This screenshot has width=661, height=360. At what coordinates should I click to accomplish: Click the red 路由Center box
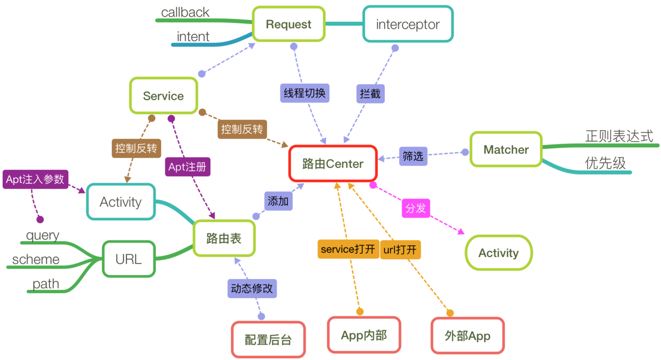tap(333, 163)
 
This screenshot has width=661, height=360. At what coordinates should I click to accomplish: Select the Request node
tap(288, 24)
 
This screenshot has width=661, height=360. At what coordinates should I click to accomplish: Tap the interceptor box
tap(408, 24)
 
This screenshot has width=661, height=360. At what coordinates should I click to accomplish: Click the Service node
tap(163, 96)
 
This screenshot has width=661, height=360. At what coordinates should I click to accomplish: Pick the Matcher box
tap(506, 149)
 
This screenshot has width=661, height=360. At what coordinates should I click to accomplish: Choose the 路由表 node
tap(224, 238)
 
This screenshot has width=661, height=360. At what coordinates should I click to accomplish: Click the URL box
tap(128, 259)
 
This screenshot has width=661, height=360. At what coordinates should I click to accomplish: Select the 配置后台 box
tap(268, 339)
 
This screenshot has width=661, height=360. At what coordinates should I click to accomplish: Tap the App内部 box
tap(364, 335)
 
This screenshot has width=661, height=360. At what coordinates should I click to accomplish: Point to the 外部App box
tap(467, 336)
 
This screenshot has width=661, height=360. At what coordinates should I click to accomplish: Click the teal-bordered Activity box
tap(120, 202)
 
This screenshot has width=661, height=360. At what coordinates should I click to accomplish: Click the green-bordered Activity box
tap(498, 253)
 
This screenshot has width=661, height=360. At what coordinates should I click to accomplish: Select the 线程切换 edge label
tap(305, 93)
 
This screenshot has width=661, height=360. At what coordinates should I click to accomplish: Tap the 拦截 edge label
tap(370, 94)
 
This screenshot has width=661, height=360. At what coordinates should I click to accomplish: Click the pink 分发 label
tap(416, 208)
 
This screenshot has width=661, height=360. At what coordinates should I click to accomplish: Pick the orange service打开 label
tap(348, 249)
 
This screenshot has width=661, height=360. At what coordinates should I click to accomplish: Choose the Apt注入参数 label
tap(35, 179)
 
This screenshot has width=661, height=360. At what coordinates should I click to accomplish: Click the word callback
tap(185, 12)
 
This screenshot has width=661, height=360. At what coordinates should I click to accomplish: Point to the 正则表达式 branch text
tap(619, 136)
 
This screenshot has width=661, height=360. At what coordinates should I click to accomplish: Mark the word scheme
tap(36, 260)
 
